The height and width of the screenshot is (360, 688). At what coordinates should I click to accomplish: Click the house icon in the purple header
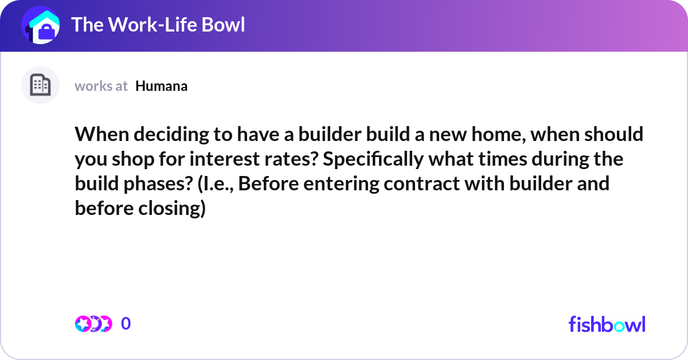pos(40,26)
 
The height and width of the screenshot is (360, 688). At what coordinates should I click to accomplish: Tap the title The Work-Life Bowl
pos(158,25)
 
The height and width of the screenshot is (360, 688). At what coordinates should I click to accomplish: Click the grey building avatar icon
pos(40,85)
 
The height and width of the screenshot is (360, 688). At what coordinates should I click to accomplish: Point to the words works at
pos(101,86)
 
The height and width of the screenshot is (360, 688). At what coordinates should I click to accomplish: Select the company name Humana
pos(162,86)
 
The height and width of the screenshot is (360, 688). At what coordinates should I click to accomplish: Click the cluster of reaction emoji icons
pos(93,324)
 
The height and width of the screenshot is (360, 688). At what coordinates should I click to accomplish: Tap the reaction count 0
pos(126,324)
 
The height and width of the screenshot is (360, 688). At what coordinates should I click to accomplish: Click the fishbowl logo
pos(607,324)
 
